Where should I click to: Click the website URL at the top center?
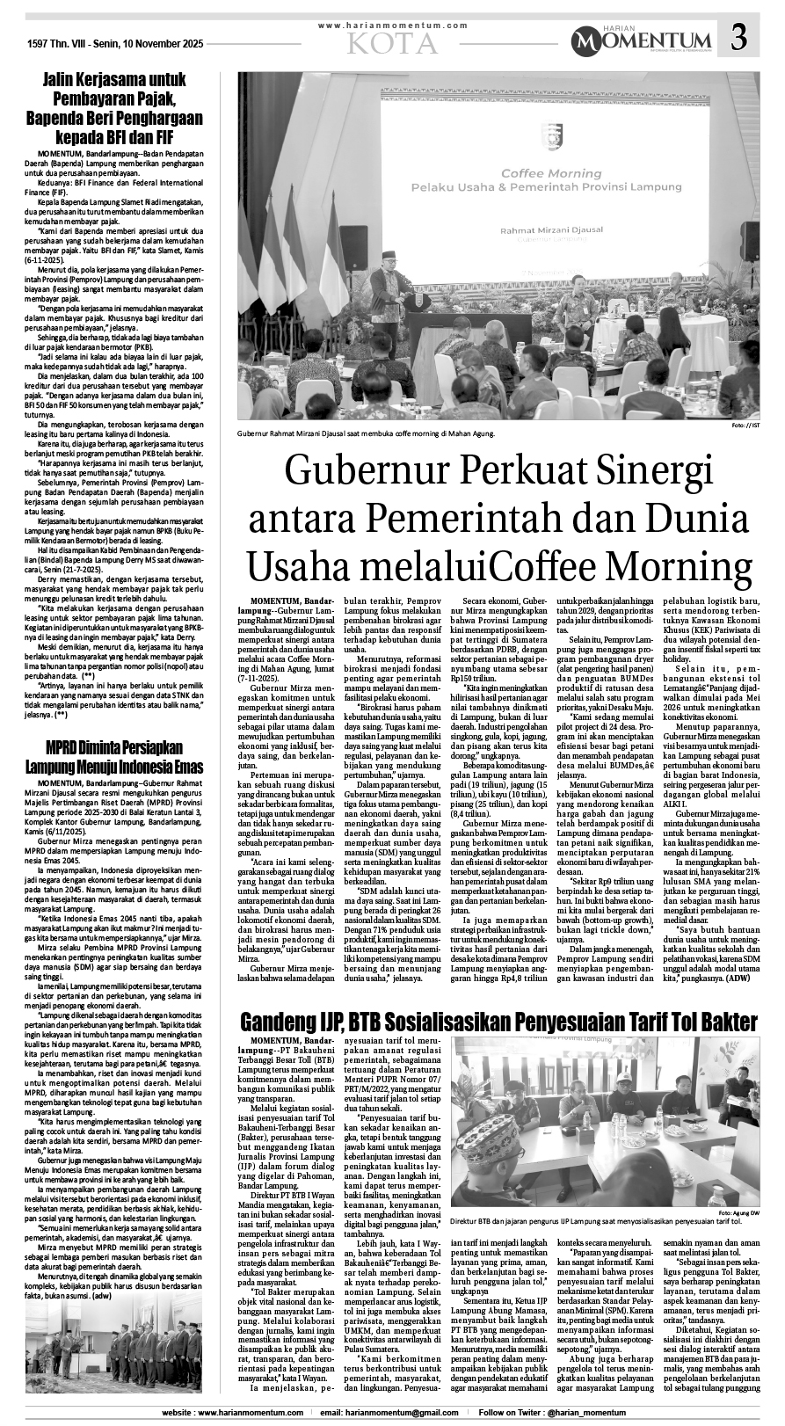click(x=393, y=26)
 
